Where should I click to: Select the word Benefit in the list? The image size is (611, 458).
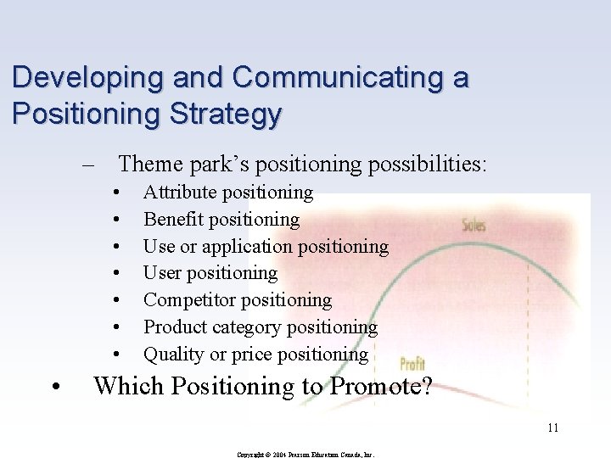tap(171, 220)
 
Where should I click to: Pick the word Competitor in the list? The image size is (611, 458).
tap(189, 300)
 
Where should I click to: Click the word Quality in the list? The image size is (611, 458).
tap(172, 354)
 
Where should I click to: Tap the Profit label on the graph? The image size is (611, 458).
tap(412, 365)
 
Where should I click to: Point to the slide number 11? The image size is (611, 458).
tap(552, 427)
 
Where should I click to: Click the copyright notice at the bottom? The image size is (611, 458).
tap(305, 454)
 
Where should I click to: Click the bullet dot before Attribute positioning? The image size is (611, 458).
tap(115, 193)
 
